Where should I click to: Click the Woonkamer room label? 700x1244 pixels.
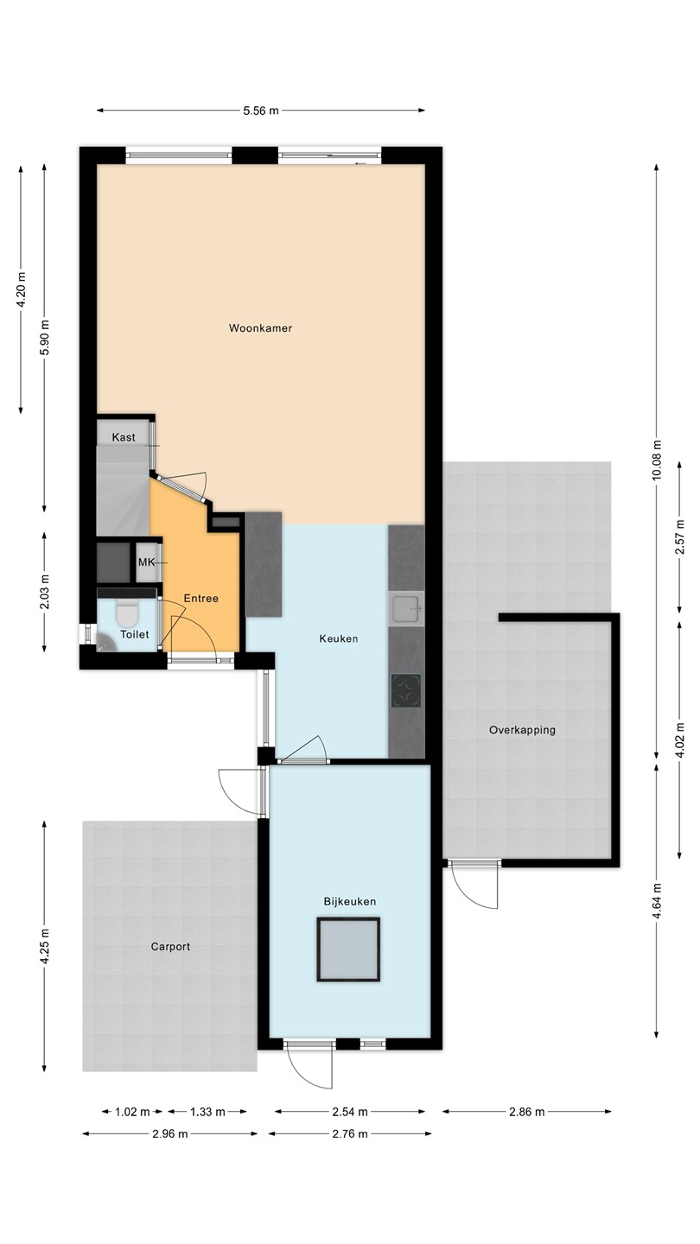click(261, 328)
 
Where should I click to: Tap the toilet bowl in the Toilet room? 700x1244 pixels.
click(127, 612)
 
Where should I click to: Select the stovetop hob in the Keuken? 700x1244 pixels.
click(405, 690)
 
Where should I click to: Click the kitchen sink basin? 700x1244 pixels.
click(407, 609)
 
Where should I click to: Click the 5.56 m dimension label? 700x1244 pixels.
click(261, 111)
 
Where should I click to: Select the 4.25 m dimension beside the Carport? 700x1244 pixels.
click(44, 946)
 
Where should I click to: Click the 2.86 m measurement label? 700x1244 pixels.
click(526, 1112)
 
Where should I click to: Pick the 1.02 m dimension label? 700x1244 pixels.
click(132, 1112)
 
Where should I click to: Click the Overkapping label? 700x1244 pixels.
click(522, 730)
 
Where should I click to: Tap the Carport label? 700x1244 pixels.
click(170, 947)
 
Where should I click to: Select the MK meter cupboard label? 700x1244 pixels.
click(147, 562)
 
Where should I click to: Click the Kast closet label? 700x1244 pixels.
click(124, 438)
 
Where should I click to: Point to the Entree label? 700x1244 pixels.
click(201, 599)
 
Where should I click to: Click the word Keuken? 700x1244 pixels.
click(339, 638)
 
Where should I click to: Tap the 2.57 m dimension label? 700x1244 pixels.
click(679, 537)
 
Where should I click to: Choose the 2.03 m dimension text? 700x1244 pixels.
click(44, 592)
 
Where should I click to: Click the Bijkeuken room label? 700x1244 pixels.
click(350, 902)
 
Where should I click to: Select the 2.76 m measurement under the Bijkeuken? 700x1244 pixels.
click(350, 1134)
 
